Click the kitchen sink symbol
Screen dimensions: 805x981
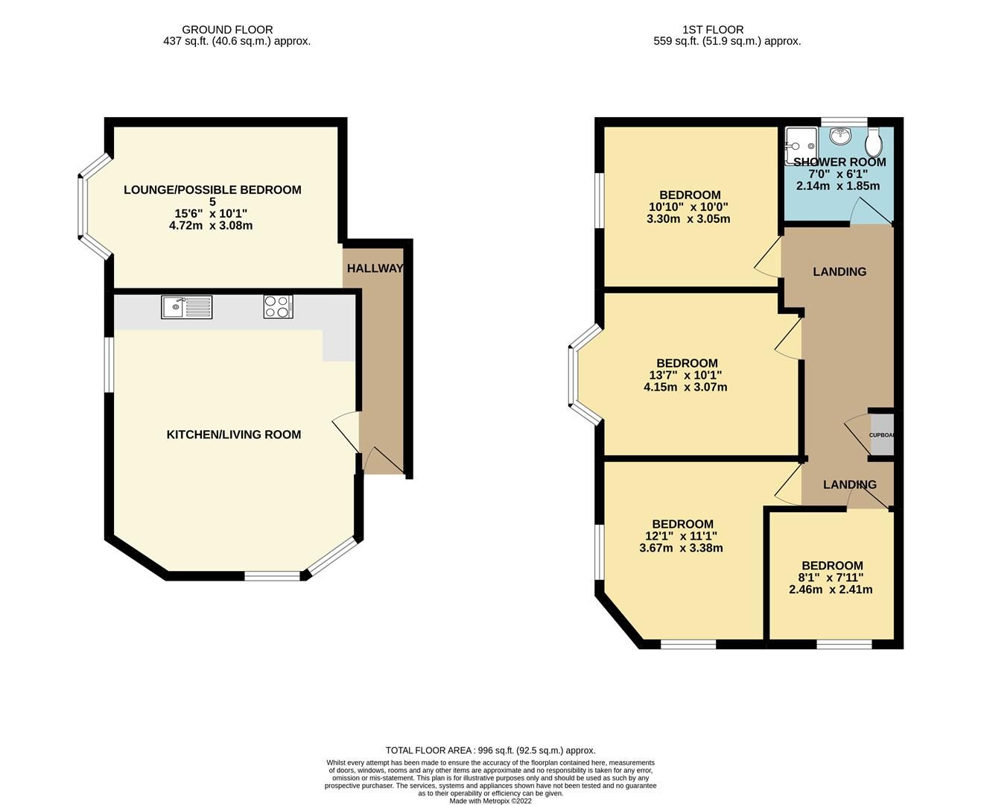pos(186,307)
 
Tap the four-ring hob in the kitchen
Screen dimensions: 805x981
pos(278,307)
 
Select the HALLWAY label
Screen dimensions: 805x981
pos(375,268)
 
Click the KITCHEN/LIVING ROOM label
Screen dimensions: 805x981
pos(234,435)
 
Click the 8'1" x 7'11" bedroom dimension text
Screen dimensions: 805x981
pos(831,578)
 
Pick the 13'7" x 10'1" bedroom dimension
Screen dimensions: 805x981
pos(685,376)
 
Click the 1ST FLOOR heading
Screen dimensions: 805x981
pos(702,30)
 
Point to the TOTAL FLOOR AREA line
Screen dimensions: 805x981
pos(490,751)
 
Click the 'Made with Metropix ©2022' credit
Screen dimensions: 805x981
pos(490,801)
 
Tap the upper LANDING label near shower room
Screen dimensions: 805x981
pos(839,272)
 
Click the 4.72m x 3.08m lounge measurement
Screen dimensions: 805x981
pos(211,225)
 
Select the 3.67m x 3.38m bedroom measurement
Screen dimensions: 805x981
pos(681,548)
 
